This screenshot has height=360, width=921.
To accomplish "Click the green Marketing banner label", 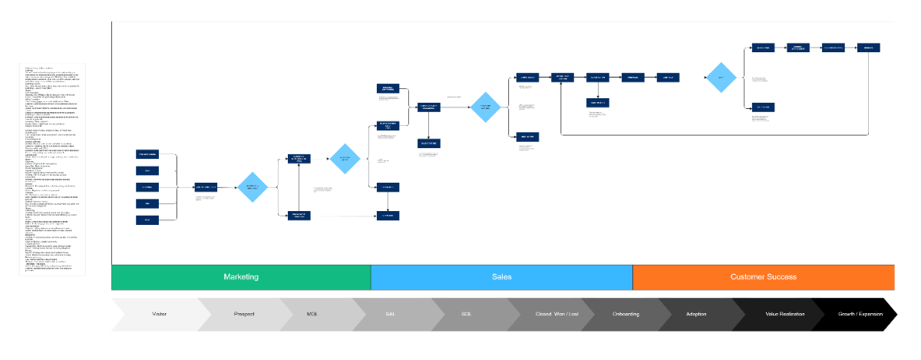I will point(240,277).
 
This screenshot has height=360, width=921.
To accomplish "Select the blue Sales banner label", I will point(501,277).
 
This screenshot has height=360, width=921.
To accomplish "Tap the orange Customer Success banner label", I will point(763,277).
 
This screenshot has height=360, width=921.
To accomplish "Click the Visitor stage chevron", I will point(159,315).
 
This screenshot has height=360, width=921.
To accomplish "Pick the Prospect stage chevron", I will point(243,315).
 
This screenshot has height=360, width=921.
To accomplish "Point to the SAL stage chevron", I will point(391,315).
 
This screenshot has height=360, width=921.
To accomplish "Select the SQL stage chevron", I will point(466,315).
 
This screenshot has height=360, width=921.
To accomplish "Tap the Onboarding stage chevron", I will point(620,315).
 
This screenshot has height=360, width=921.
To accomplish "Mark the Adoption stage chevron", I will point(696,315).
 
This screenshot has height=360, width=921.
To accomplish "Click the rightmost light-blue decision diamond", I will point(721,78).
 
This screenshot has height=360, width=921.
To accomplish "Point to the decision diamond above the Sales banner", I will point(485,107).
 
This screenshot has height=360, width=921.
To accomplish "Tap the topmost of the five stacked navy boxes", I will point(147,155).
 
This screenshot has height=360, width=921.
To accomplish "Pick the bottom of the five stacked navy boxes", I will point(147,220).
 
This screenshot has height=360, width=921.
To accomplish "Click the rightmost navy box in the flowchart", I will point(869,48).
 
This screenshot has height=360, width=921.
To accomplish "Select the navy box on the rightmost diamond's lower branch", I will point(763,107).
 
